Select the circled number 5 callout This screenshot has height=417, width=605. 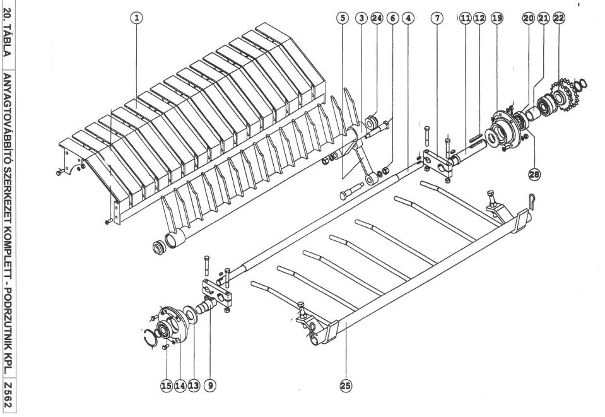(344, 18)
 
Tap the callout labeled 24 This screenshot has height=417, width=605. (377, 18)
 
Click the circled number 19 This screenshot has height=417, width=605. (497, 18)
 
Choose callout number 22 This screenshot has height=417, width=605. (558, 18)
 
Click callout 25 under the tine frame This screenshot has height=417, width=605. (346, 384)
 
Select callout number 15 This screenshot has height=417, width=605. (167, 384)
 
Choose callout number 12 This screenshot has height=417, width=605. (479, 18)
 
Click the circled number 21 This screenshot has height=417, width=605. (543, 18)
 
